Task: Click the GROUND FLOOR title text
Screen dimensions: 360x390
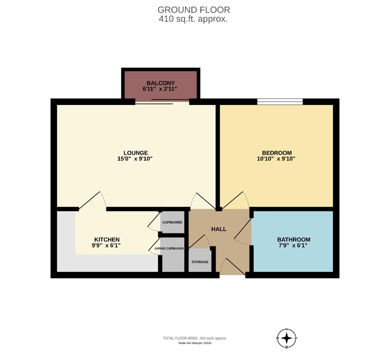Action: tap(193, 10)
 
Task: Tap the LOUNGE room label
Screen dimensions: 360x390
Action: tap(135, 153)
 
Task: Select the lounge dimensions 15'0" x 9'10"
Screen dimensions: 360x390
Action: tap(135, 159)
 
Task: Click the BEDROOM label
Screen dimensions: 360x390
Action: tap(277, 153)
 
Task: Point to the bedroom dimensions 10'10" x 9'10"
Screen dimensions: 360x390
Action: tap(276, 159)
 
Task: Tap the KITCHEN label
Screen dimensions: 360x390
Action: tap(107, 240)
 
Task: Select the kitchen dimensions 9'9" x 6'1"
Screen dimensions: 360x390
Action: tap(106, 246)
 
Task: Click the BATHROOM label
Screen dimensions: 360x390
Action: tap(294, 240)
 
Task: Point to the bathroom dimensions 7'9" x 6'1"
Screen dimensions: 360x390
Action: tap(292, 246)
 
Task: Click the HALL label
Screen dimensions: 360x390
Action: tap(219, 229)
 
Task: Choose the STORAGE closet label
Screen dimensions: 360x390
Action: tap(200, 262)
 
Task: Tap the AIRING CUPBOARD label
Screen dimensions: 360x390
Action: tap(169, 249)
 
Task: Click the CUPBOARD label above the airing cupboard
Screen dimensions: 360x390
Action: tap(172, 222)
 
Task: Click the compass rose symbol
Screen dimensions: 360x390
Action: tap(287, 338)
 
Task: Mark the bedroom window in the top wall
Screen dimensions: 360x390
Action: tap(280, 102)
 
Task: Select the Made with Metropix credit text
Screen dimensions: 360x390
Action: tap(195, 343)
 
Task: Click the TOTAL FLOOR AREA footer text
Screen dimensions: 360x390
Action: tap(195, 338)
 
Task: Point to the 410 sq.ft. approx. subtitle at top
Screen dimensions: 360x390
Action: tap(193, 19)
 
